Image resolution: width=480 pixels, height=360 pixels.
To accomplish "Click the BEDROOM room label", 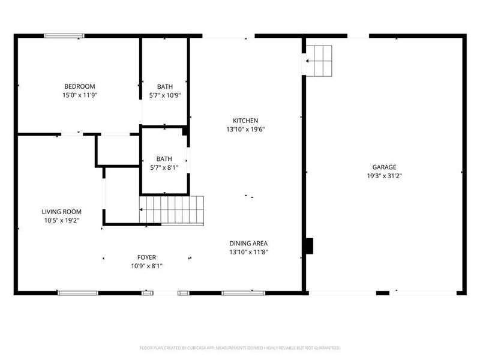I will point(80,86).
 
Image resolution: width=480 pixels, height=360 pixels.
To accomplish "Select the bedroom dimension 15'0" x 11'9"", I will point(80,95).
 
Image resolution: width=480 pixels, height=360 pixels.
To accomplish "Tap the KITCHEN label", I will point(246,120).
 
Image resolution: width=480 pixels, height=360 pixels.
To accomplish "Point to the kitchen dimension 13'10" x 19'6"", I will point(246,129).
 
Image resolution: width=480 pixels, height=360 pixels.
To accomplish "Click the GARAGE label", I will point(384,167).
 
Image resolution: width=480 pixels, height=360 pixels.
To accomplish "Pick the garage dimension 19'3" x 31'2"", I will point(384,176).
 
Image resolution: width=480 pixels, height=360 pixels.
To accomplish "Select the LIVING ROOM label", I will point(61,212).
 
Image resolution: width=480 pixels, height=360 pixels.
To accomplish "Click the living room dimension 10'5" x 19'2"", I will point(61,221).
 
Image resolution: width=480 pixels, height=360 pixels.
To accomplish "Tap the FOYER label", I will point(146,257).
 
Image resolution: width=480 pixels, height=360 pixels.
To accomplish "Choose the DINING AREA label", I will point(248,244).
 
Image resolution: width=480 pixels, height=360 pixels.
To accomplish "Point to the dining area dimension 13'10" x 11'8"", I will point(248,253).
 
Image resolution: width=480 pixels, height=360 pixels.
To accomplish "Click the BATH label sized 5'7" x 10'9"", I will point(165,86).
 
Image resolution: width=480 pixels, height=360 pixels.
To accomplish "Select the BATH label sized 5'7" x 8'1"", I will point(164,159).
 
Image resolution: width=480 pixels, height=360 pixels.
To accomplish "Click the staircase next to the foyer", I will point(172,210).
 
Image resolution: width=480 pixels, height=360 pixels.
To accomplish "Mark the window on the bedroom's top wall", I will point(64,36).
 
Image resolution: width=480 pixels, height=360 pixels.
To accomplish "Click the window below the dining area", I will point(244,293).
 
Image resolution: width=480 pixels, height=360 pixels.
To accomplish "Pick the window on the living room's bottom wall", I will point(77,293).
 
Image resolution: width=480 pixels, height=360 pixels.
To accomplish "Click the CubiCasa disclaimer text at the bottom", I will point(240,347).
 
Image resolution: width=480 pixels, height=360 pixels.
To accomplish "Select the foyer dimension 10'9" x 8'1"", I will point(146,266).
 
